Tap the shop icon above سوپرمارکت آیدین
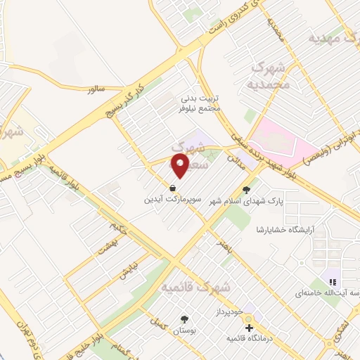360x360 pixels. (x=172, y=188)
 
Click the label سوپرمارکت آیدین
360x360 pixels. (x=172, y=200)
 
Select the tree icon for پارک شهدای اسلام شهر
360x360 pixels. (x=246, y=189)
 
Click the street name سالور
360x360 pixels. (x=95, y=90)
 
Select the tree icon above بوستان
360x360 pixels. (x=185, y=319)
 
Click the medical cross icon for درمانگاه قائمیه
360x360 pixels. (x=249, y=328)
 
